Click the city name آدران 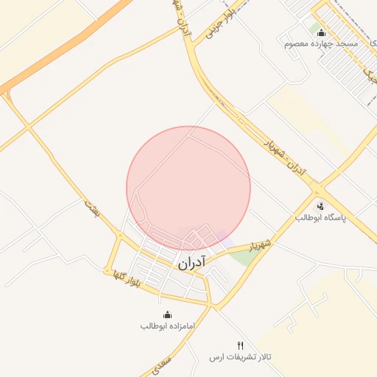point(191,261)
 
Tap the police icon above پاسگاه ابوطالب point(320,206)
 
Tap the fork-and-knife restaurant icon point(240,345)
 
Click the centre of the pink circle point(188,188)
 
